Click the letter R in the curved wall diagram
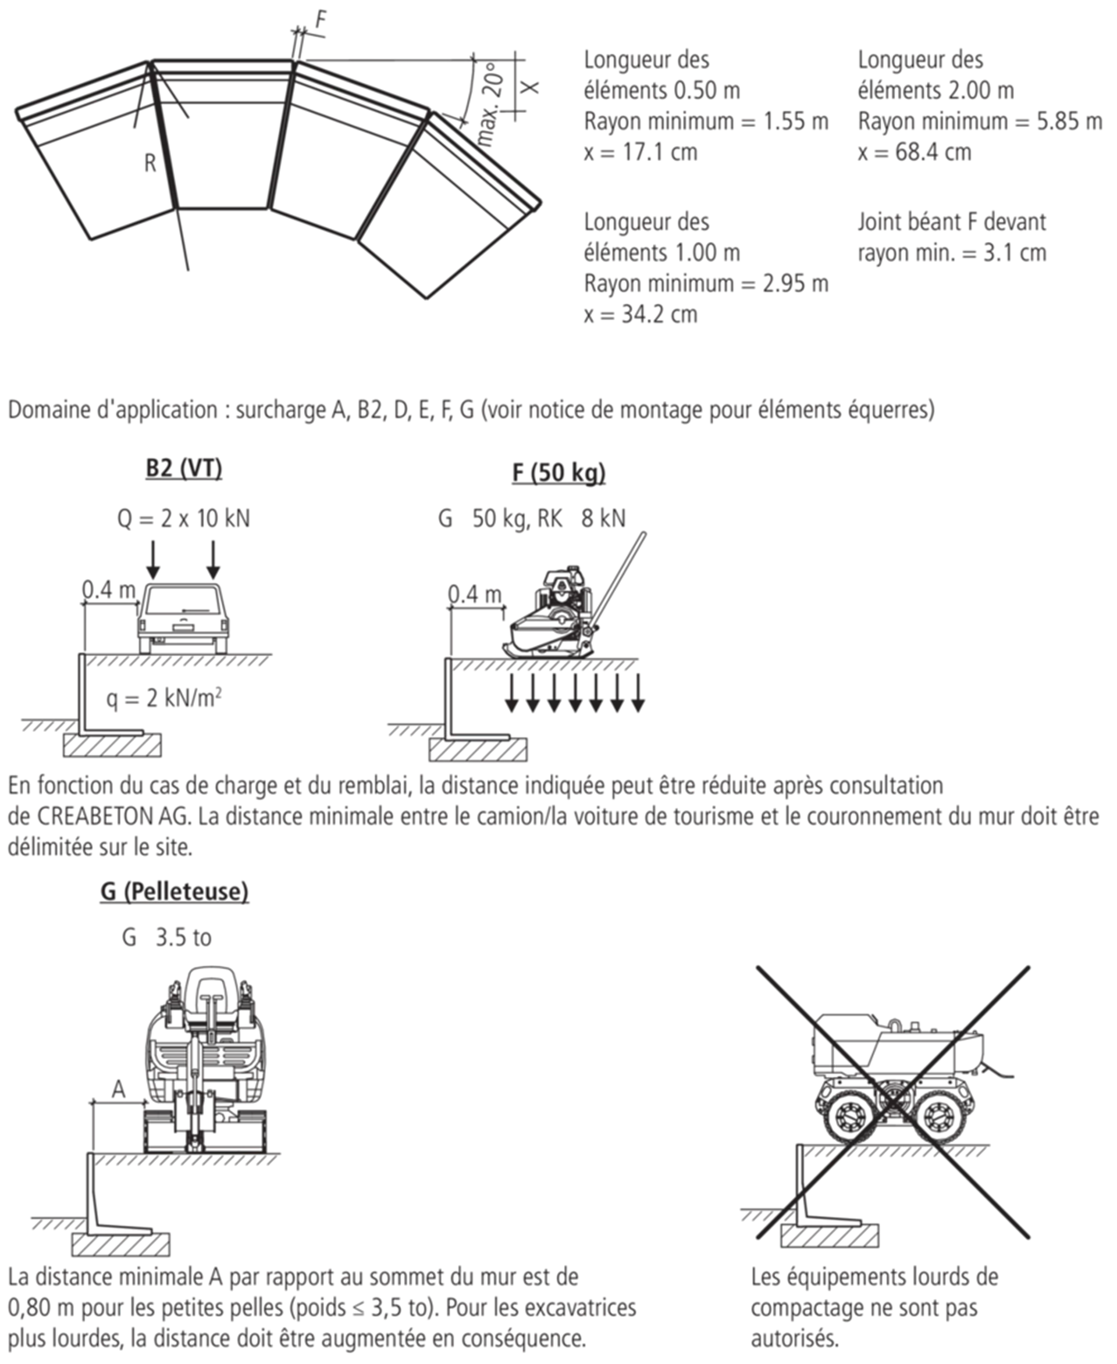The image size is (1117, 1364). click(150, 163)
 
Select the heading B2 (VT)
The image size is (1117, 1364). click(184, 468)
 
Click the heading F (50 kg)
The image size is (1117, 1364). click(558, 473)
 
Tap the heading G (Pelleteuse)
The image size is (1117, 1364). click(174, 891)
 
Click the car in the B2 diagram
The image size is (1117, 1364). click(183, 618)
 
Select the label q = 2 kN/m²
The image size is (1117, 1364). click(164, 697)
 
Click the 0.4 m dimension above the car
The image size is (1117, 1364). click(109, 589)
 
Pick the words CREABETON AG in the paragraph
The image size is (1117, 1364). click(113, 816)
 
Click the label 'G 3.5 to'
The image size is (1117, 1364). click(166, 938)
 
